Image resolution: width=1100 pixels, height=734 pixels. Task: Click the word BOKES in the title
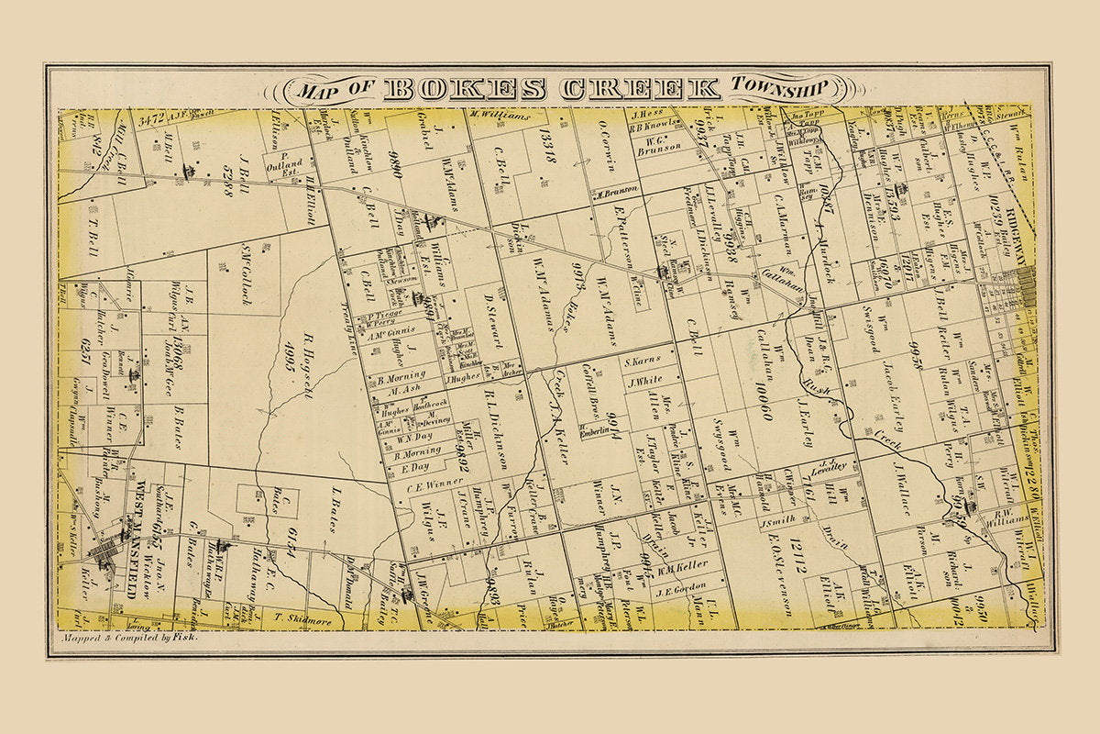coord(465,89)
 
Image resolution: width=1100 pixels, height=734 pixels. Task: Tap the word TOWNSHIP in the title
coord(779,87)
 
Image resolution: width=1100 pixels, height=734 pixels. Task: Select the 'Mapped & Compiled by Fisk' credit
coord(129,636)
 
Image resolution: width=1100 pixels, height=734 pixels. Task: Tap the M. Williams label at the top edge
coord(500,116)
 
